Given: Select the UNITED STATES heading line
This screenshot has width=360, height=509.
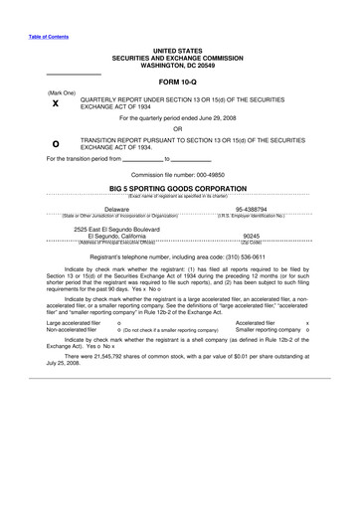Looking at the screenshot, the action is (178, 49).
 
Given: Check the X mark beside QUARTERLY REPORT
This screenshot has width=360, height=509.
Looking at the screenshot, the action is (55, 103).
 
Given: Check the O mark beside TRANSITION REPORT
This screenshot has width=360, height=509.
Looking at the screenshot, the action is (55, 144).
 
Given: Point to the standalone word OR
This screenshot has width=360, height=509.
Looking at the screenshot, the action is (178, 128).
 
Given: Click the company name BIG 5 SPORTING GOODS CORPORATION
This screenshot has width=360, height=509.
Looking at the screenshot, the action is (178, 187).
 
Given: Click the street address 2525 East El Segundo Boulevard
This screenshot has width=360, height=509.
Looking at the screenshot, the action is (125, 229).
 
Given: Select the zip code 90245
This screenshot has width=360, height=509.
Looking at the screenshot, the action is (252, 237).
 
